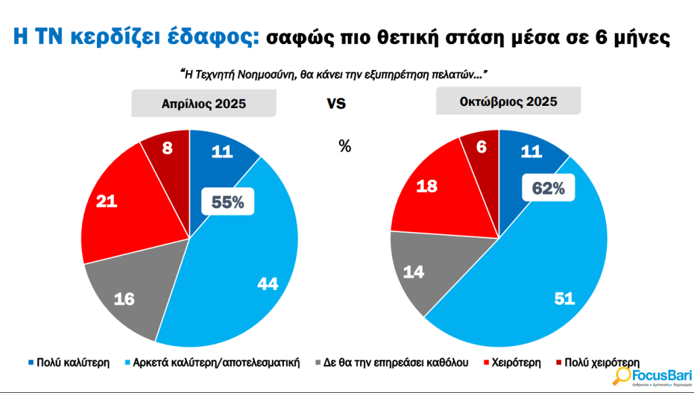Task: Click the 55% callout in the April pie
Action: click(228, 202)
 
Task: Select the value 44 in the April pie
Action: click(268, 284)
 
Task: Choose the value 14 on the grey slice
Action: click(415, 272)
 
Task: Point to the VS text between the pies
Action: click(336, 104)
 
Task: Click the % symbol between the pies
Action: click(345, 146)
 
